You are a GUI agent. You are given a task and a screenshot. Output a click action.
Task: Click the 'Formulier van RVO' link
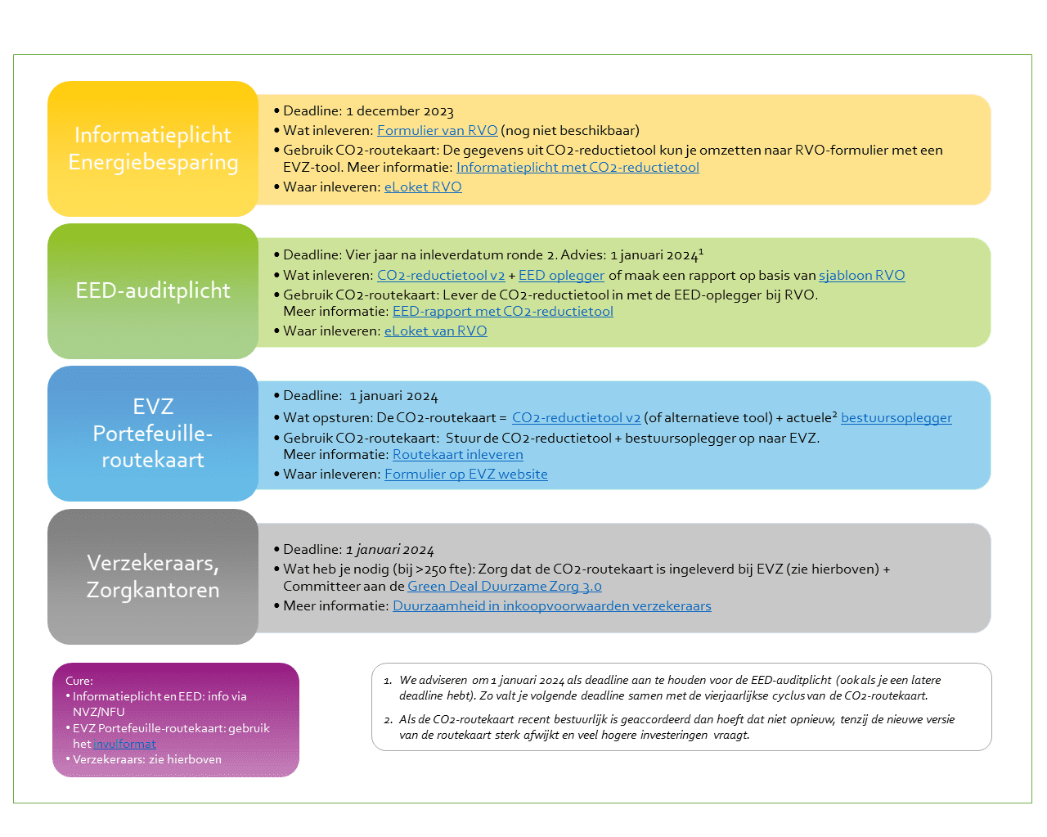437,130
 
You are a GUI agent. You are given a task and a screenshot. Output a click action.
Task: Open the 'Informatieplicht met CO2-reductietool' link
577,168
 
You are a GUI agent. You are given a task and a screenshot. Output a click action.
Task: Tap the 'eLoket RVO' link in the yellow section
423,187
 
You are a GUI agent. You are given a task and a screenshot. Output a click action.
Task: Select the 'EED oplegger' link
561,276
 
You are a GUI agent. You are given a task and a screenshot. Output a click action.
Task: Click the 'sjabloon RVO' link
861,276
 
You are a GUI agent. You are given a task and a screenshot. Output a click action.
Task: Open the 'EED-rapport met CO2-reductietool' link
502,312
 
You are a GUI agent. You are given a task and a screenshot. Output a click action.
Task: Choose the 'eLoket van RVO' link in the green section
435,331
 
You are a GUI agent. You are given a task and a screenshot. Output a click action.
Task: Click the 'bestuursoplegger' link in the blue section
896,418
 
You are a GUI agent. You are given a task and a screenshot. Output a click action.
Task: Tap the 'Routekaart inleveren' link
458,455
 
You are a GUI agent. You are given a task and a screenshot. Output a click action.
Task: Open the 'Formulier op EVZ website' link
466,474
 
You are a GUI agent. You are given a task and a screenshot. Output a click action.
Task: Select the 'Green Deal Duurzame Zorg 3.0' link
505,587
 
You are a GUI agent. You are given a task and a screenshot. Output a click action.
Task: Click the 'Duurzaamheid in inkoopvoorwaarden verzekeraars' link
551,605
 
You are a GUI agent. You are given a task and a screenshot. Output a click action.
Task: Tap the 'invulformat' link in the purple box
124,744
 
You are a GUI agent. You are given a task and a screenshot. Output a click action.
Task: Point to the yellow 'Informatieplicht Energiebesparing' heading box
153,149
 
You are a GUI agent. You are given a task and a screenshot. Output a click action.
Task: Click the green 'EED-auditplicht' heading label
153,290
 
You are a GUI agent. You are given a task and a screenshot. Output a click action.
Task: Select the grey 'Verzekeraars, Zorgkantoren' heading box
153,577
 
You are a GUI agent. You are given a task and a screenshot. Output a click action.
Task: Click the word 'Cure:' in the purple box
79,681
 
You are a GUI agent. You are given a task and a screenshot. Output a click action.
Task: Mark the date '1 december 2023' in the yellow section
400,111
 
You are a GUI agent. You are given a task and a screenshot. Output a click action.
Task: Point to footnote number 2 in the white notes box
388,720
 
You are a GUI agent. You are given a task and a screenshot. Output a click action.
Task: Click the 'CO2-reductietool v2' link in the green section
441,276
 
